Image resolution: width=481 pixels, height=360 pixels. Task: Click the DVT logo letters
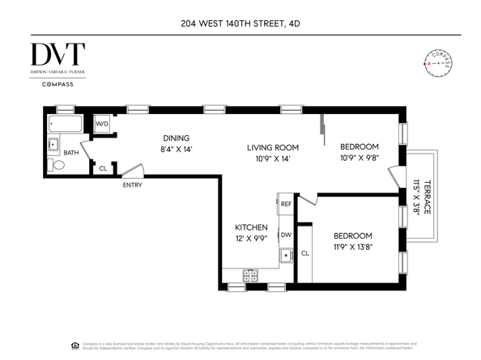57,54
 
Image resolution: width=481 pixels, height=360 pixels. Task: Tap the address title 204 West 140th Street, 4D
240,23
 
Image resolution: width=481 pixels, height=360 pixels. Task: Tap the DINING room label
175,138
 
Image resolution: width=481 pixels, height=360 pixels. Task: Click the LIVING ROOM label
273,148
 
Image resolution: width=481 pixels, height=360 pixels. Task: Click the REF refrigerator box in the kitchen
286,205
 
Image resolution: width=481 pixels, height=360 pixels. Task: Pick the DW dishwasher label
286,235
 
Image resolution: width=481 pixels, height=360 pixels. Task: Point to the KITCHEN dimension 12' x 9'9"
249,240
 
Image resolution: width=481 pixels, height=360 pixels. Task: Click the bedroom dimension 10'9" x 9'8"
359,159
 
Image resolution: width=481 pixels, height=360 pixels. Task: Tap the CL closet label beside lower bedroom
304,253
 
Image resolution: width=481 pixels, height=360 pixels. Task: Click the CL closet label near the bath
102,168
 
